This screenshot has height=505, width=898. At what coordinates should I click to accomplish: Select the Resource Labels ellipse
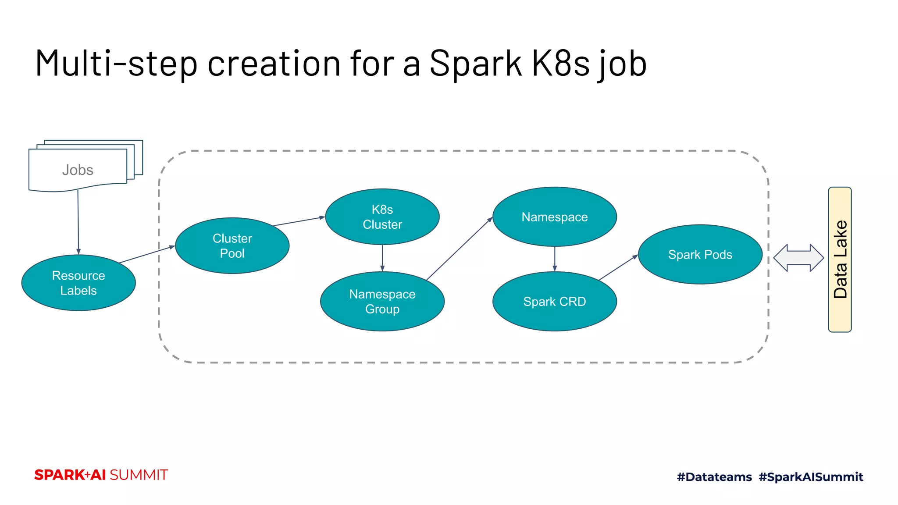[x=78, y=283]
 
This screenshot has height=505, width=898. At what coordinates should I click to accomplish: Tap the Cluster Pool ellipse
[x=232, y=245]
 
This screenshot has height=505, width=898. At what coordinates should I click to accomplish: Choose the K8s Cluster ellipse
[x=382, y=217]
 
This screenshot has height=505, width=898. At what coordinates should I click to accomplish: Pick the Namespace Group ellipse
[x=382, y=301]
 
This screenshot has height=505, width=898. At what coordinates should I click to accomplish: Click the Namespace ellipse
[x=554, y=217]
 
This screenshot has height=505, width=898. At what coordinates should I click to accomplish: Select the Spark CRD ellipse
[x=554, y=301]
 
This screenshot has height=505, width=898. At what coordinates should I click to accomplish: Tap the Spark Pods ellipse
[x=700, y=254]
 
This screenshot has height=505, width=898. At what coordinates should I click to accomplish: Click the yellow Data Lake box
[x=839, y=260]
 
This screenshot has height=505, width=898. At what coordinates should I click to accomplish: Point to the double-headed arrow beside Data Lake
[x=798, y=258]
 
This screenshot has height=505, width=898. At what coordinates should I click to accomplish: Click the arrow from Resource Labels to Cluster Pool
[x=147, y=254]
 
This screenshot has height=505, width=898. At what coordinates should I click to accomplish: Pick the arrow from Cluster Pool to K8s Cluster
[x=299, y=221]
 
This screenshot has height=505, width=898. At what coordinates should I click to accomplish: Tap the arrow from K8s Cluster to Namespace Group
[x=382, y=258]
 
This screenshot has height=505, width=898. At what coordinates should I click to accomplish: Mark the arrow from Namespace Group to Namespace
[x=459, y=249]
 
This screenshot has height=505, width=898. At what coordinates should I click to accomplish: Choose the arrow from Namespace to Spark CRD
[x=555, y=259]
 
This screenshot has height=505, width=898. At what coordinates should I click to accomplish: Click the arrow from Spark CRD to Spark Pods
[x=618, y=267]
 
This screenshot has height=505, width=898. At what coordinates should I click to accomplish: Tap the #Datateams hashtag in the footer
[x=714, y=477]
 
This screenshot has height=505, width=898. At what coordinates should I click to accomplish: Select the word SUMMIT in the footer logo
[x=139, y=475]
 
